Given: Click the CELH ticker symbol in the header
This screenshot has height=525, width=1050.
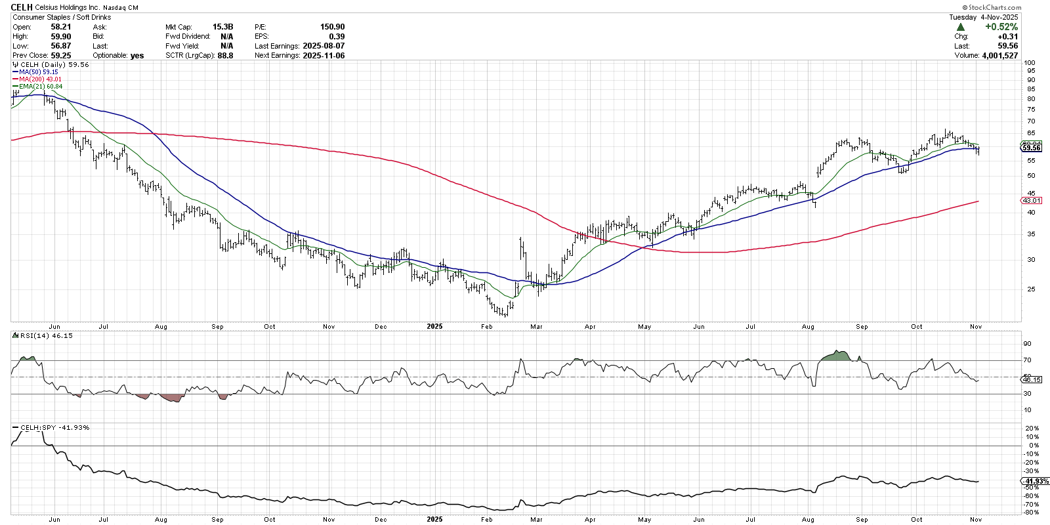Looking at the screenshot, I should click(22, 7).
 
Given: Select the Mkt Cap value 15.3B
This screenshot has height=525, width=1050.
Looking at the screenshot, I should click(222, 27).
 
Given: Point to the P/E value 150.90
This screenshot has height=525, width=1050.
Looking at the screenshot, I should click(332, 27).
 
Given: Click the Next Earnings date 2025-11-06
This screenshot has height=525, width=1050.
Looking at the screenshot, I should click(324, 56).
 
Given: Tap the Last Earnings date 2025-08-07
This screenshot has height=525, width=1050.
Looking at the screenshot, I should click(324, 46).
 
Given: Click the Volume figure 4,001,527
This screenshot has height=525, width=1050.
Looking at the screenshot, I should click(999, 56).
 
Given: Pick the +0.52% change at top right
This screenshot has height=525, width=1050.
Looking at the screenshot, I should click(1001, 27).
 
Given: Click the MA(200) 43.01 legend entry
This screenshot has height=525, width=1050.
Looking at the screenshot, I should click(40, 79).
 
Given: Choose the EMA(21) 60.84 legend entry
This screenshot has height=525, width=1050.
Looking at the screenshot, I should click(41, 87).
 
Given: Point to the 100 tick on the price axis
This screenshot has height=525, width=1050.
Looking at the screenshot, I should click(1030, 63).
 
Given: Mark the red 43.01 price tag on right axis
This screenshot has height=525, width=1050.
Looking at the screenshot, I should click(1031, 200).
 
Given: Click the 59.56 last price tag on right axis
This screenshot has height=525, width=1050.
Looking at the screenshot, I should click(1032, 148).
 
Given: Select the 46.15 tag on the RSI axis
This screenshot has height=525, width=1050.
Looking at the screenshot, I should click(1032, 379).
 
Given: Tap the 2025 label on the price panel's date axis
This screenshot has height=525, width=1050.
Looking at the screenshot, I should click(434, 326).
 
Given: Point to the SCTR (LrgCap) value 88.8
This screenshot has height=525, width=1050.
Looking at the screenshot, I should click(225, 56).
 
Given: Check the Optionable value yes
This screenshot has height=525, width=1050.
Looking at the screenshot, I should click(137, 56).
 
